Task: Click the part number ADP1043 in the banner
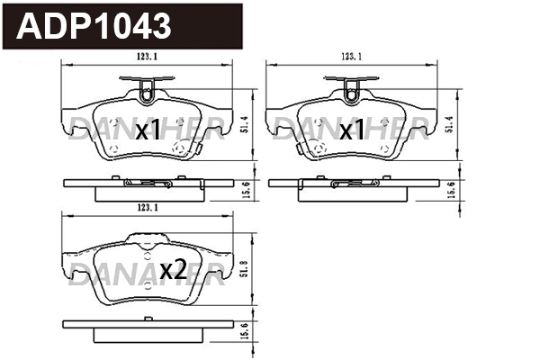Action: [94, 26]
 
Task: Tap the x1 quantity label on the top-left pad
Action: [147, 132]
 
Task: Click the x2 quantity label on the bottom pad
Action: [172, 268]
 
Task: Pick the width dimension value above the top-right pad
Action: [352, 57]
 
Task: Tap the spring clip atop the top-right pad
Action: [352, 88]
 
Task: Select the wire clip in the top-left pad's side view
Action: [148, 184]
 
